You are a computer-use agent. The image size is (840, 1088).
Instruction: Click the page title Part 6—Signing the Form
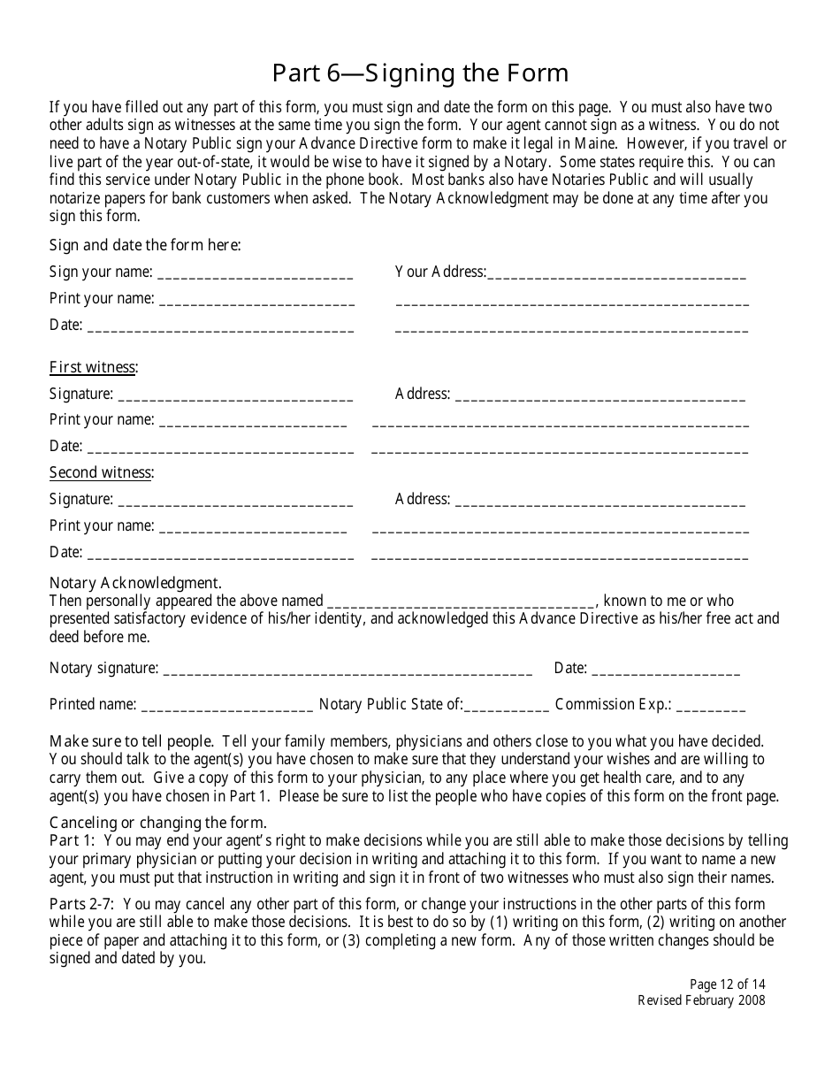coord(420,73)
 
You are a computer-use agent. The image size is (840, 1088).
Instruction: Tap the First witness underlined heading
coord(93,367)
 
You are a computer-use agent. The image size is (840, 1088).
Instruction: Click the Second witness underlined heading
coord(101,472)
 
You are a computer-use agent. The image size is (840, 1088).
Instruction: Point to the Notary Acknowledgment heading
coord(135,583)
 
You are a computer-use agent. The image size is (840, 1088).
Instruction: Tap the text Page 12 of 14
coord(727,985)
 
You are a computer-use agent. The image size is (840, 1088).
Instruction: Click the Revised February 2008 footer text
coord(701,1000)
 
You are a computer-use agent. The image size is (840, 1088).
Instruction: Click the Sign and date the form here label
coord(145,245)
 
